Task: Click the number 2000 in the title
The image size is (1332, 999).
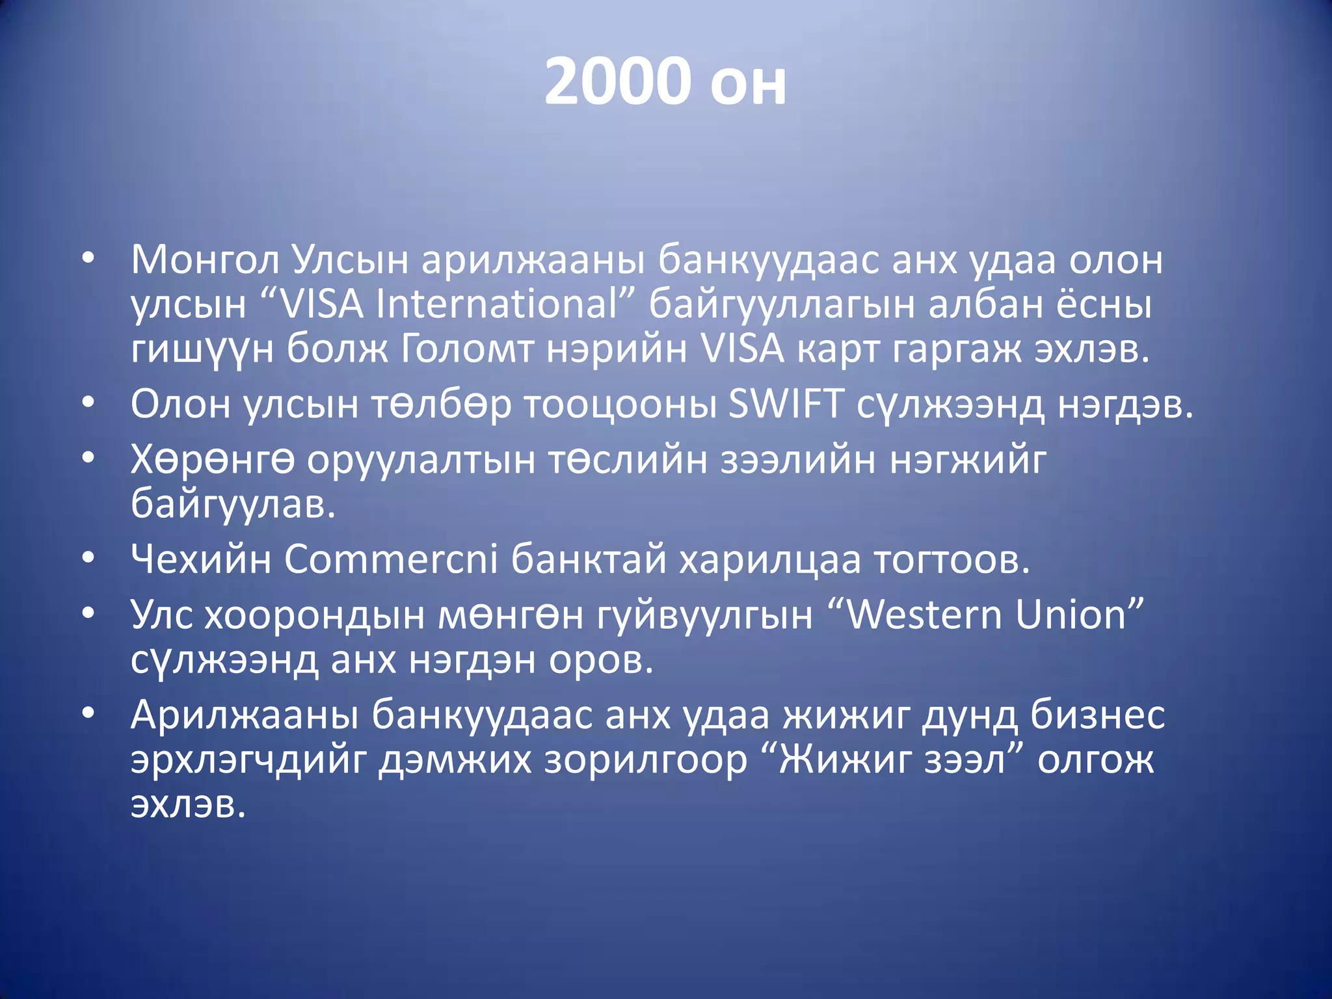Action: (x=617, y=82)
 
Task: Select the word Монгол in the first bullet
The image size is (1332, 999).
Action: (x=204, y=260)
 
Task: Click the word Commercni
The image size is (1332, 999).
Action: (x=391, y=559)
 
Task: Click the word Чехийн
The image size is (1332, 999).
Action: (x=200, y=559)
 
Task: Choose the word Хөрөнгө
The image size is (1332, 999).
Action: (x=212, y=460)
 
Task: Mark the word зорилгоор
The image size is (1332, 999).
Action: (x=645, y=760)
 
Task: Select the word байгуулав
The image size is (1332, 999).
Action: (x=233, y=505)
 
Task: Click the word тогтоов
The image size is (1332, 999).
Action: (x=952, y=559)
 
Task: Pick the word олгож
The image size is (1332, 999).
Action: (x=1095, y=760)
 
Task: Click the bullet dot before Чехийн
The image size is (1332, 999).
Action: (x=88, y=558)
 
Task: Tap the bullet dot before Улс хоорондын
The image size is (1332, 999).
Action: (x=88, y=614)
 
